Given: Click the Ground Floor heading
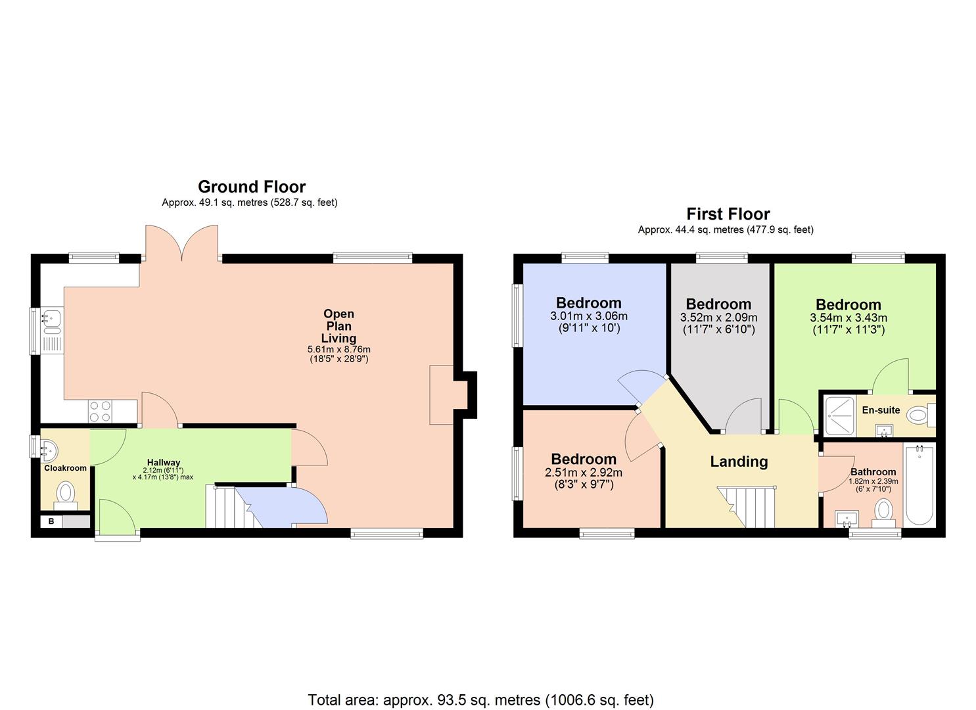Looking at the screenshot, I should pos(251,187).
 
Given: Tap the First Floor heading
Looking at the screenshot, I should pos(728,214).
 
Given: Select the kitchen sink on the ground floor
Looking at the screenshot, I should pos(51,319).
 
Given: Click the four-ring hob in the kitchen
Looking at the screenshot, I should pos(100,412).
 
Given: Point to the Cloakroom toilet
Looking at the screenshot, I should pos(65,493).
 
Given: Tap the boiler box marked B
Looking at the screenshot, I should pos(51,522).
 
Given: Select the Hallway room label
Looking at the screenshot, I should pos(163,462).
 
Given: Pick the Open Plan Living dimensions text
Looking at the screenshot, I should pos(338,354).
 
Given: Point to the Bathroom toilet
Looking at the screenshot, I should pos(883,511).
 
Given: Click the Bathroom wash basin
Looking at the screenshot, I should pos(846,519).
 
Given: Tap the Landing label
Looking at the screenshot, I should pos(739,461).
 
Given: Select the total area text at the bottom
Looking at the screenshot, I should pos(480,699).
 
